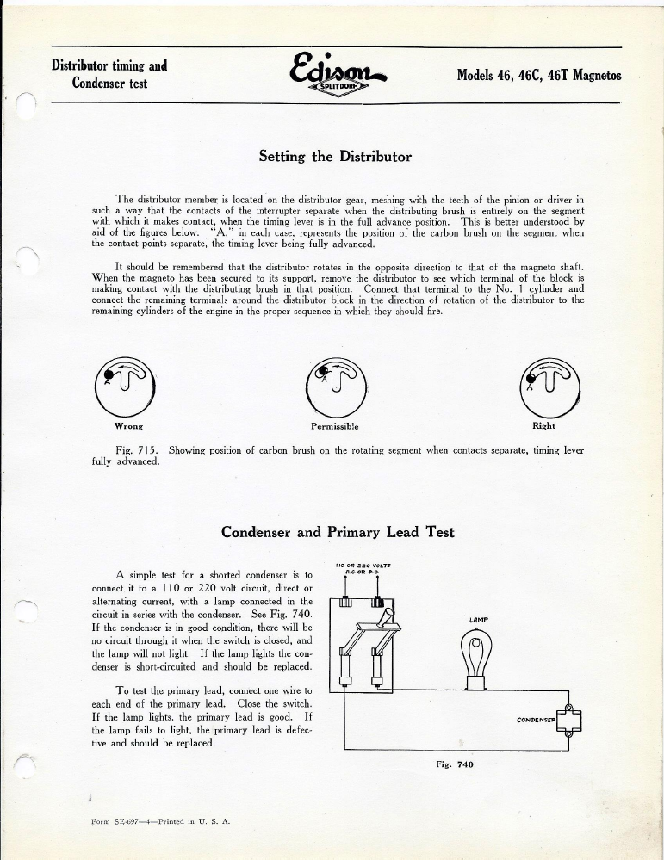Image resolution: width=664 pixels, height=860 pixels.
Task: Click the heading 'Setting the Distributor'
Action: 335,157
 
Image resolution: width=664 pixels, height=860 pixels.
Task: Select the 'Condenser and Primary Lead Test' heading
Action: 338,532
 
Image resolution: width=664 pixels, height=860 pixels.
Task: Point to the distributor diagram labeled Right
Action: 545,385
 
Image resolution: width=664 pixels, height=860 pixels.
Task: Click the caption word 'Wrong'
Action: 127,426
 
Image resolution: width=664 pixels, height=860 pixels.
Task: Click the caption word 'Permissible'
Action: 334,426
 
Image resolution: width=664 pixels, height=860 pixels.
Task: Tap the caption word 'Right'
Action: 543,425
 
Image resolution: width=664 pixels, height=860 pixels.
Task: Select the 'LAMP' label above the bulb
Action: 479,619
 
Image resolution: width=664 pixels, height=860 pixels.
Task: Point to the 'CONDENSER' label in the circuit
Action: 537,719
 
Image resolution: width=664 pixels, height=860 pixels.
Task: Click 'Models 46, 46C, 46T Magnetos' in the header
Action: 538,75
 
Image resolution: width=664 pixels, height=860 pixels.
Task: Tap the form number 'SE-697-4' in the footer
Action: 121,822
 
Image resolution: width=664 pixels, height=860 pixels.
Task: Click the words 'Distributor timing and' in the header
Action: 109,65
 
